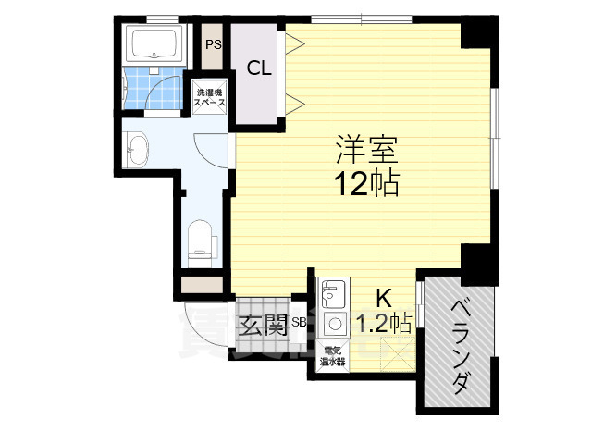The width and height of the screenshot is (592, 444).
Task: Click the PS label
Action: coord(214,43)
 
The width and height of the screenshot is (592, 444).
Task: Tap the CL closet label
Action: coord(258,68)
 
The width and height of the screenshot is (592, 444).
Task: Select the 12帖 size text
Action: coord(367,182)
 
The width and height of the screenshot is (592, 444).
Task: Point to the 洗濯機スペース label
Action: coord(209,98)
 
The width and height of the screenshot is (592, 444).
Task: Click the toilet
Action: coord(200,240)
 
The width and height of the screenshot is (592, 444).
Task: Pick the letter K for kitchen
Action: coord(384,298)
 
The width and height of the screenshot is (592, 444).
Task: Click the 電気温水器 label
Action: coord(333,356)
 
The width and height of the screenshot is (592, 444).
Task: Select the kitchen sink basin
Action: coord(330,295)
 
